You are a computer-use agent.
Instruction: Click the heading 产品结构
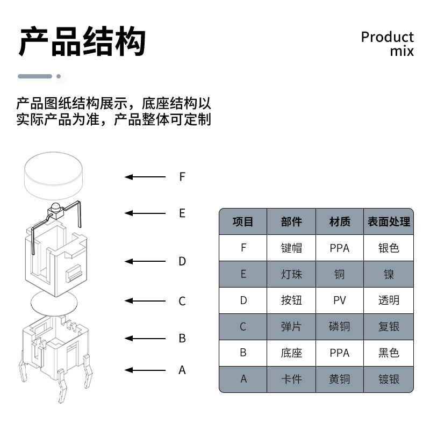pos(82,42)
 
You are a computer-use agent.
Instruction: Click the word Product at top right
pos(387,37)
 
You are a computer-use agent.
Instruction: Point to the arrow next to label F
pos(145,177)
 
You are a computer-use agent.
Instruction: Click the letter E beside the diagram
pos(182,213)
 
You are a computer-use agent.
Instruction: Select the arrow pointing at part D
pos(145,261)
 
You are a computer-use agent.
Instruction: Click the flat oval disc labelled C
pos(53,304)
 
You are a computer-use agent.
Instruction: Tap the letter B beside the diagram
pos(182,339)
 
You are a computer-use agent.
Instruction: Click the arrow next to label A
pos(145,370)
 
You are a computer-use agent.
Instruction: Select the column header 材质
pos(340,221)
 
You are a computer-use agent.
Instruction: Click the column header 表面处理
pos(389,221)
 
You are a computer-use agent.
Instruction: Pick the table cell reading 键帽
pos(291,248)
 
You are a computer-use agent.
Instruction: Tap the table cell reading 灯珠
pos(291,274)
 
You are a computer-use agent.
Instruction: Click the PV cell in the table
pos(340,300)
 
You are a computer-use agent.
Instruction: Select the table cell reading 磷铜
pos(340,327)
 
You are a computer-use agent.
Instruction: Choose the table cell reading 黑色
pos(389,353)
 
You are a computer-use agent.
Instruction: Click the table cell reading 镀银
pos(389,379)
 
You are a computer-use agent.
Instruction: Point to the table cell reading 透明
pos(389,300)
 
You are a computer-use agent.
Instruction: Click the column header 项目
pos(243,221)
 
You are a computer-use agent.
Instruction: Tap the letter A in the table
pos(243,379)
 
